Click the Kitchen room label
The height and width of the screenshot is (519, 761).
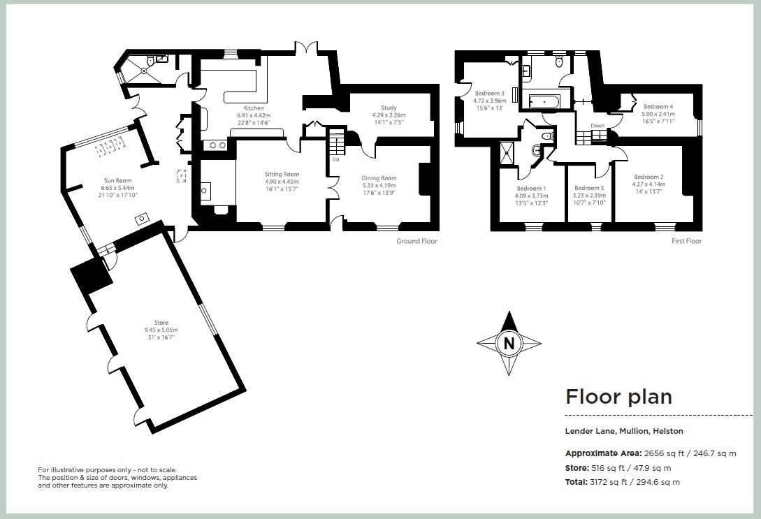(254, 108)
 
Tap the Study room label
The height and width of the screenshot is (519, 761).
(389, 108)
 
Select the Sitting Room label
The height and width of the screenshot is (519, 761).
(282, 174)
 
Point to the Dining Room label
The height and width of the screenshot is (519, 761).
(379, 178)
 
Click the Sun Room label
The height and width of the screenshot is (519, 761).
(117, 180)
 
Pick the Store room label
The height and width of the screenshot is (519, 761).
(161, 323)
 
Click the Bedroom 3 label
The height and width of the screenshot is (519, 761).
(489, 93)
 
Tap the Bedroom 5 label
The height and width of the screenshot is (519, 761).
(589, 188)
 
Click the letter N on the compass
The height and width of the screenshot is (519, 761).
(509, 344)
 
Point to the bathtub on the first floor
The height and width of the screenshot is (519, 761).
(544, 101)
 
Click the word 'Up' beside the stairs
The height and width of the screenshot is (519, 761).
(335, 159)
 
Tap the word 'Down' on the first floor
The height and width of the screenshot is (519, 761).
(597, 126)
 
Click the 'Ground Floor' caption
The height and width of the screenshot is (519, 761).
(416, 241)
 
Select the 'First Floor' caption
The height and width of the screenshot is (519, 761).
(686, 241)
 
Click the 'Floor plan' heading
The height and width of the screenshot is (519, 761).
(619, 396)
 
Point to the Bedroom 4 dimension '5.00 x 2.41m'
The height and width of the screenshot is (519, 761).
(658, 114)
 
